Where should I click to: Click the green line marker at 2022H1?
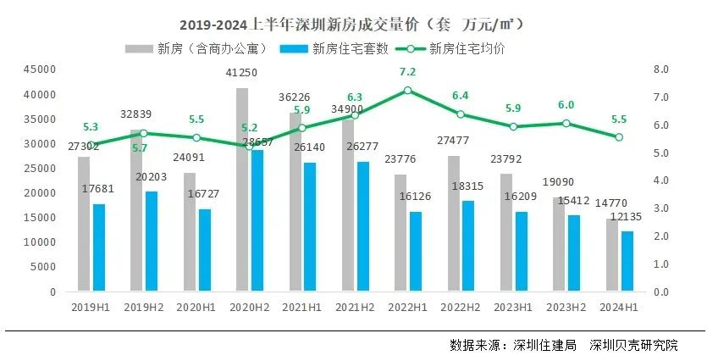coord(408,91)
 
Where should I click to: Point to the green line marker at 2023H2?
coord(566,124)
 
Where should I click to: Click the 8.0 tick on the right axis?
coord(661,69)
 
